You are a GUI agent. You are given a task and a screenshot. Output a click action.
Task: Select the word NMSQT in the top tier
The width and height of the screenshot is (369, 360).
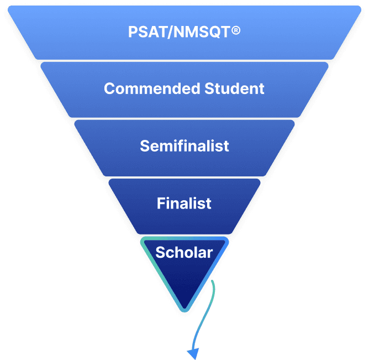201,32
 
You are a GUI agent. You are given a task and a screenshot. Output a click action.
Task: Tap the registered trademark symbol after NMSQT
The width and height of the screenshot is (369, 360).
236,31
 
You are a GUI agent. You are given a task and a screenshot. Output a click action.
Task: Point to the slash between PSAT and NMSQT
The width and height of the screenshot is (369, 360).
168,32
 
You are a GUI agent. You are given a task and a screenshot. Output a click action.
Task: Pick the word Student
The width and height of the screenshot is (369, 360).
234,88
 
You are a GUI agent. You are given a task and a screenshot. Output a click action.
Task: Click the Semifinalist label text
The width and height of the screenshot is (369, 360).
184,146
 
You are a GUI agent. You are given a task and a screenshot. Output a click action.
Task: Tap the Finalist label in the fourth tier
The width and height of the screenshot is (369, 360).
184,203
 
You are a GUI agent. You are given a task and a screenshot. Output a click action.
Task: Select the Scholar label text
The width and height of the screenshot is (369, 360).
184,253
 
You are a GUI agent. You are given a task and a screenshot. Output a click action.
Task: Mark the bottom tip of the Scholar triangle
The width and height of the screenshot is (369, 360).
184,310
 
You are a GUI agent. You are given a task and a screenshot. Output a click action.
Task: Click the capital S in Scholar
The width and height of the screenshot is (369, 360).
160,253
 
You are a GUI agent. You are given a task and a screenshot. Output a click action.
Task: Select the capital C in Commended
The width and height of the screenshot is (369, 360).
109,88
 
